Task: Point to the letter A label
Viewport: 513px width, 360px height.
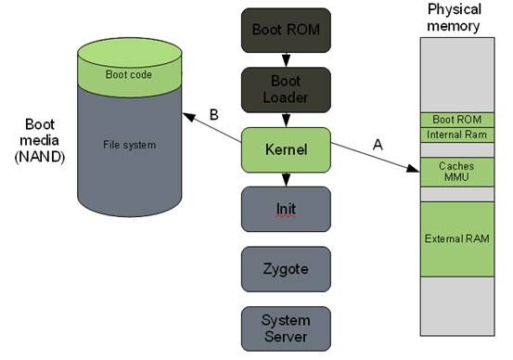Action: tap(377, 145)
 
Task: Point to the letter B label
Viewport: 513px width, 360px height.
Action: tap(213, 115)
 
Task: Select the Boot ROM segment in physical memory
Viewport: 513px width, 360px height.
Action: tap(456, 120)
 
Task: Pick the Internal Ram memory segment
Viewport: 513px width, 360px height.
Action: tap(456, 135)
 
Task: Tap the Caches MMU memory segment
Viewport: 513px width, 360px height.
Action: tap(456, 171)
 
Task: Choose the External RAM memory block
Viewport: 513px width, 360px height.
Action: tap(456, 238)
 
